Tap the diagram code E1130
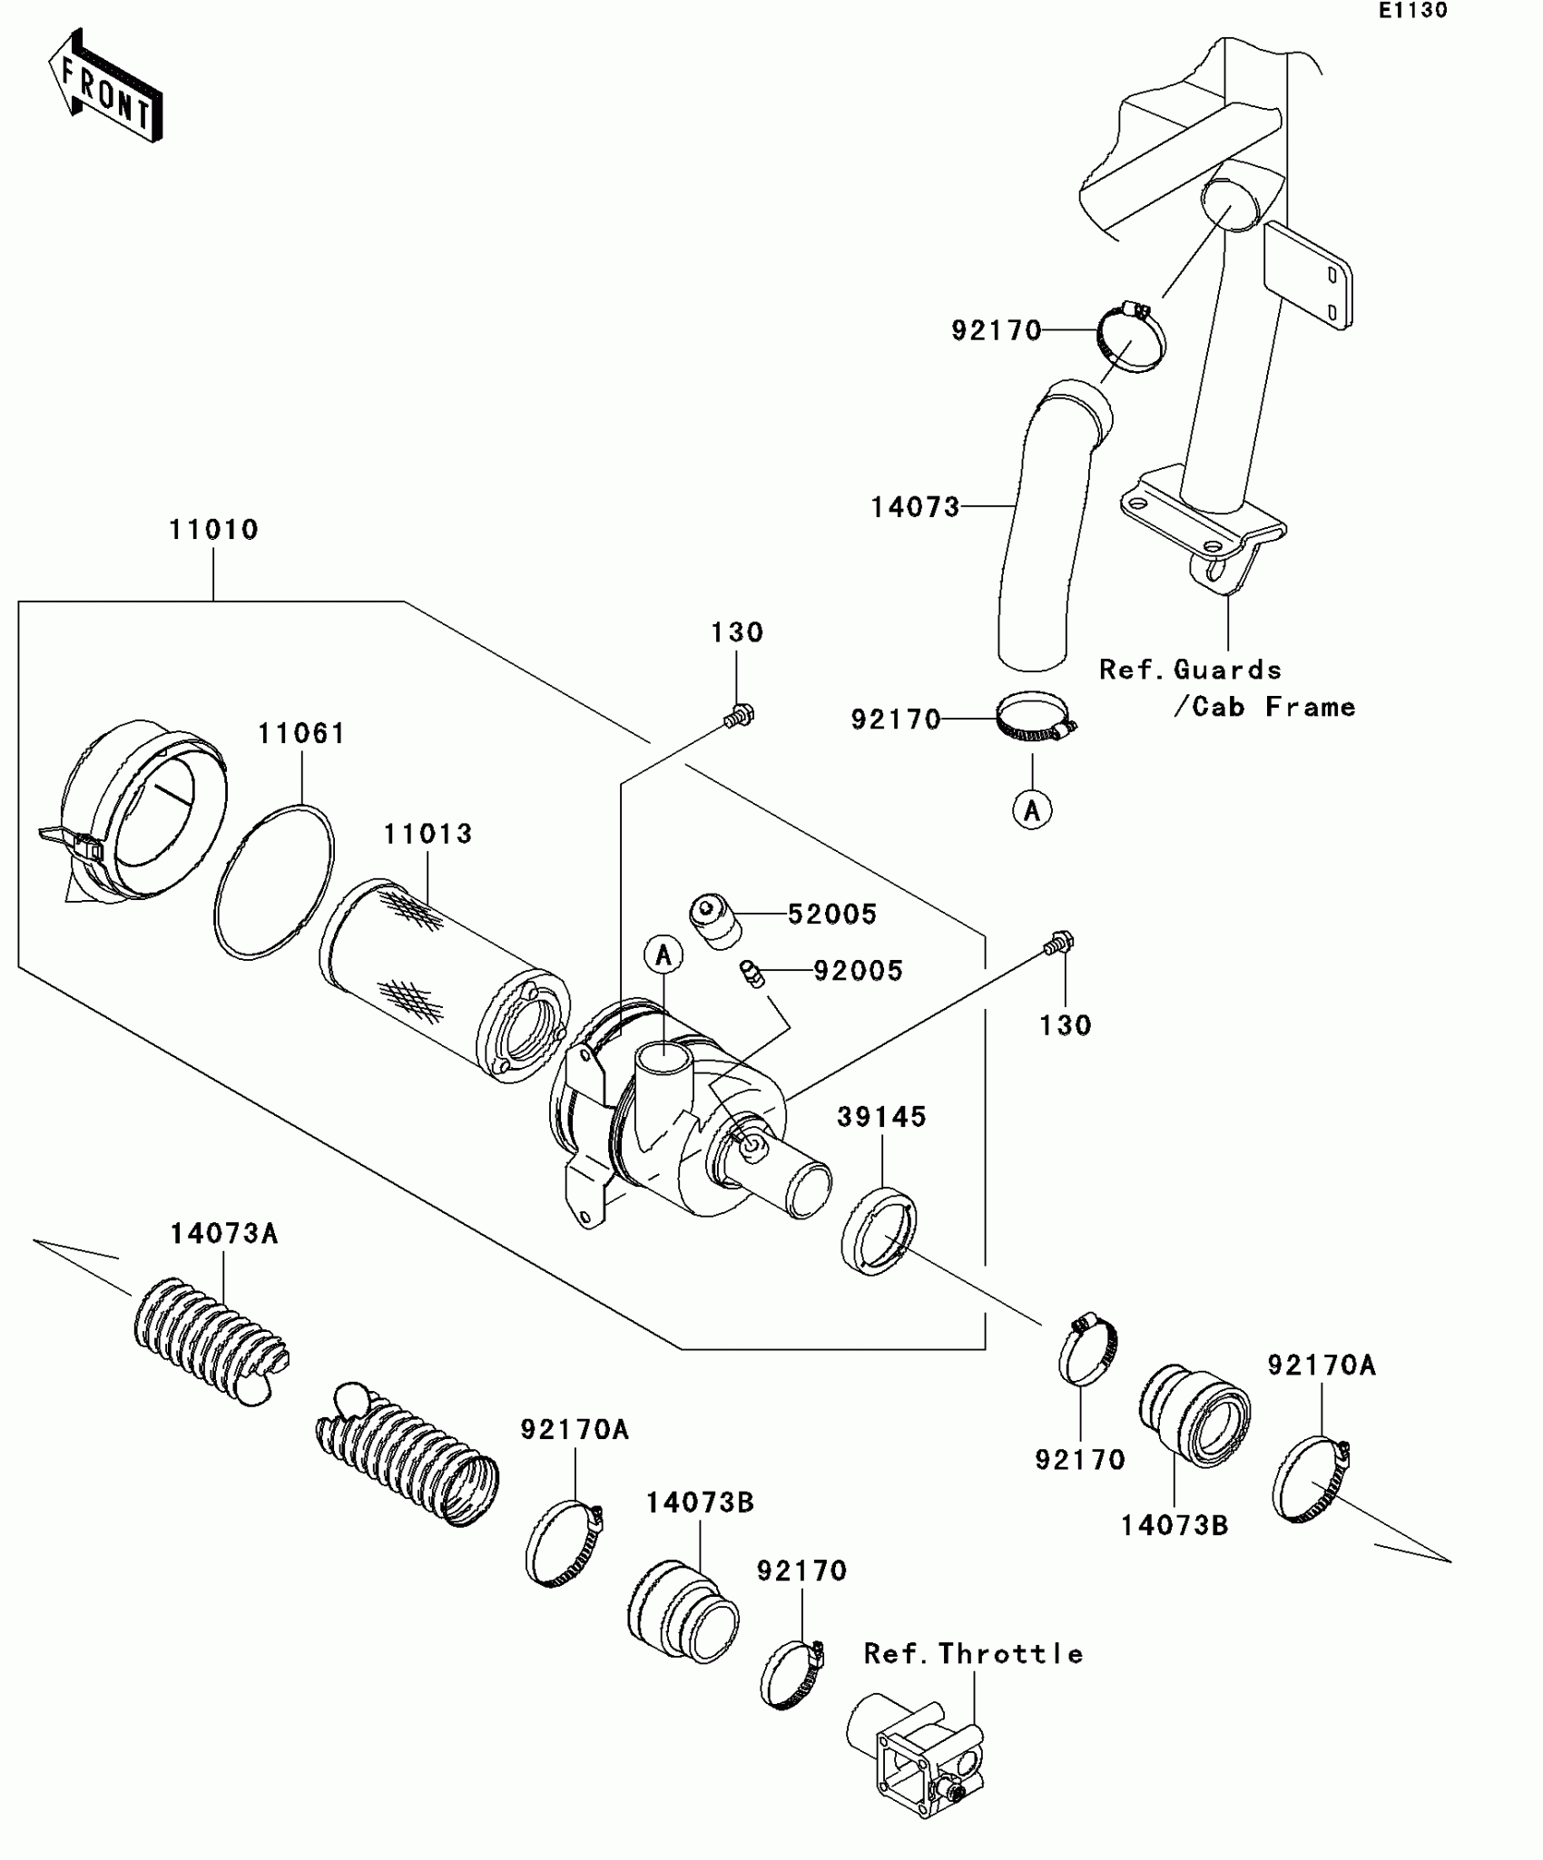click(x=1412, y=11)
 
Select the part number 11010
click(x=214, y=530)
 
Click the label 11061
click(x=301, y=734)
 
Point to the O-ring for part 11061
click(x=274, y=881)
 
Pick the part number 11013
click(x=428, y=835)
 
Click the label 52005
click(x=832, y=915)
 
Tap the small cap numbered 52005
click(x=716, y=920)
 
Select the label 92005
click(x=858, y=972)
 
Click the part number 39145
click(x=881, y=1117)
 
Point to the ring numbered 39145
click(x=878, y=1230)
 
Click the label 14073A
click(x=224, y=1234)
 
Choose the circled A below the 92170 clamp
click(x=1032, y=809)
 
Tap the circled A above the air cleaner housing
click(x=663, y=954)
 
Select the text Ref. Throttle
click(x=973, y=1654)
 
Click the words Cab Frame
click(x=1273, y=707)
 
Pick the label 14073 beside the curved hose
click(x=915, y=508)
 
